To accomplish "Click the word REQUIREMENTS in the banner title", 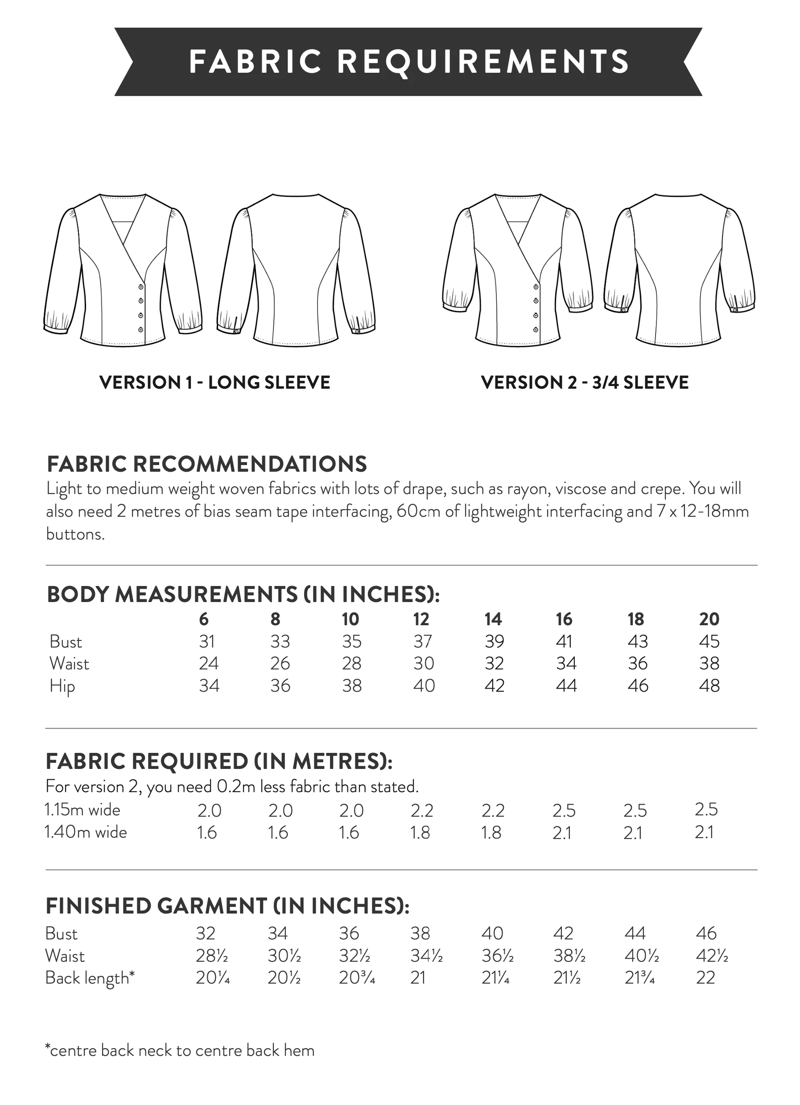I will click(x=482, y=62).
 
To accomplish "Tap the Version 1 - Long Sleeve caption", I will click(x=215, y=382).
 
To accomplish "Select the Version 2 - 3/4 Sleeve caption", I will click(x=584, y=382).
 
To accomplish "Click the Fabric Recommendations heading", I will click(x=206, y=464).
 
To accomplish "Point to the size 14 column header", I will click(x=493, y=619).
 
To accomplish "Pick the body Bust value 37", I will click(x=422, y=642).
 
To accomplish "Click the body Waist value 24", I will click(x=208, y=664).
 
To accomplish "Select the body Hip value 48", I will click(x=709, y=686).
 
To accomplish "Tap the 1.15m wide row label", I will click(x=82, y=810).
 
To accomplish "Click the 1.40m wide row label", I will click(x=86, y=832).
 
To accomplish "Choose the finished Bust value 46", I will click(x=706, y=934).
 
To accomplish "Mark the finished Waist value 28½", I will click(x=212, y=956).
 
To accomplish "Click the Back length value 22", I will click(x=705, y=978).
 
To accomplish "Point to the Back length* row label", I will click(x=90, y=978).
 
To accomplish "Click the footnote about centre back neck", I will click(x=180, y=1051).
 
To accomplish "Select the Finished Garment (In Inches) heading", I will click(x=227, y=906).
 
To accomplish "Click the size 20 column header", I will click(x=709, y=619).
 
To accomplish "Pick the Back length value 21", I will click(x=418, y=978).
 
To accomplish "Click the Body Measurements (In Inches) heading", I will click(x=243, y=594).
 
